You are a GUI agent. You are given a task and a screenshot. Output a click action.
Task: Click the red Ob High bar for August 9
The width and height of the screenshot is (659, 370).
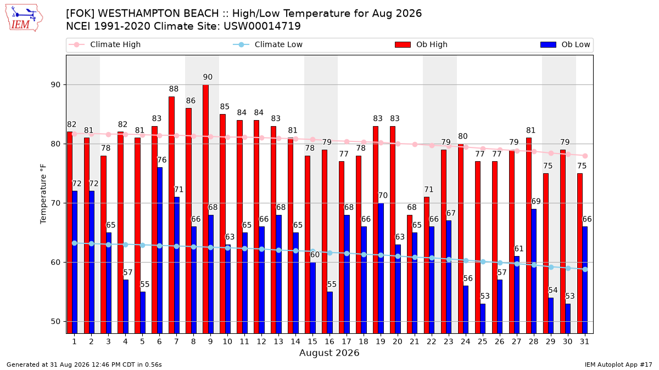tap(205, 209)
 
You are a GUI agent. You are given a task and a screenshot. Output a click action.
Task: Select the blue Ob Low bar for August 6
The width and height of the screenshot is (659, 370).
tap(160, 251)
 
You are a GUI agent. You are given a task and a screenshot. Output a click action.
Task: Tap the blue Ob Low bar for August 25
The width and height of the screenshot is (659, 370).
tap(483, 318)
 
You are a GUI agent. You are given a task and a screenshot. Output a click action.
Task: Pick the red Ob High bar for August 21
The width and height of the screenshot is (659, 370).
tap(410, 274)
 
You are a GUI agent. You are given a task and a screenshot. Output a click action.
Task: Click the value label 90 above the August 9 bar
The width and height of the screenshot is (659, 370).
tap(208, 77)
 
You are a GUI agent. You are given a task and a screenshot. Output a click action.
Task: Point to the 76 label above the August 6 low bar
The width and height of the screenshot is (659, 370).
tap(162, 160)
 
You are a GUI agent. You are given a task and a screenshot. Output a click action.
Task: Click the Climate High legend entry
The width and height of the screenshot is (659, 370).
tap(105, 44)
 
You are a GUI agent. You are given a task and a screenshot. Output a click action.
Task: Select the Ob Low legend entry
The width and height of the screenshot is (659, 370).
tap(565, 44)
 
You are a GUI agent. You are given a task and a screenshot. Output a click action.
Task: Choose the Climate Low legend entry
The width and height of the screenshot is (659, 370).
tap(268, 44)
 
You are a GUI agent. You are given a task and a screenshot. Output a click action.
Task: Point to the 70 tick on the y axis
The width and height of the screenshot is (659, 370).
tap(55, 203)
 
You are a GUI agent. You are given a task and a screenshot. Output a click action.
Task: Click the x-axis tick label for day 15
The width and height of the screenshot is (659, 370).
tap(312, 342)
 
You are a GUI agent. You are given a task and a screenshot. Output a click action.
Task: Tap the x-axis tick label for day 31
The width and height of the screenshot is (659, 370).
tap(584, 342)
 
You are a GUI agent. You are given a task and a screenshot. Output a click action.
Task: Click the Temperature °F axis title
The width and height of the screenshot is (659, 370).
tap(43, 194)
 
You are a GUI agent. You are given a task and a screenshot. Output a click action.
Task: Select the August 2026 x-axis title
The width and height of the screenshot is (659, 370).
tap(329, 352)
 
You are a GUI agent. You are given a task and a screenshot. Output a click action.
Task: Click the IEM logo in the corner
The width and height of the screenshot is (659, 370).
tap(24, 18)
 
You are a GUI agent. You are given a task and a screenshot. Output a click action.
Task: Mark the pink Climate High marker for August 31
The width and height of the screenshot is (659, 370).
tap(585, 156)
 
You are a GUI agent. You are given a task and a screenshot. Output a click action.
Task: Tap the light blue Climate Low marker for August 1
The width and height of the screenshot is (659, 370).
tap(75, 243)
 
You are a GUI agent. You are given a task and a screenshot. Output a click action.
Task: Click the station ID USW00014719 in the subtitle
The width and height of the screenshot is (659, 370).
tap(262, 26)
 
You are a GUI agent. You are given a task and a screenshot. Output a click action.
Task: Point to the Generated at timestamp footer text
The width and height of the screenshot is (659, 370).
tap(84, 365)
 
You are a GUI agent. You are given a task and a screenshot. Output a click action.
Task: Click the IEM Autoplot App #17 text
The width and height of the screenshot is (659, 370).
tap(618, 365)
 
